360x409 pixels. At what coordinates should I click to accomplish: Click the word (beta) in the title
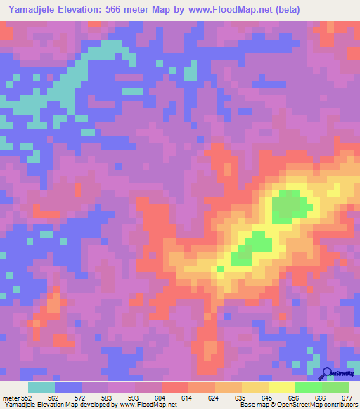(297, 10)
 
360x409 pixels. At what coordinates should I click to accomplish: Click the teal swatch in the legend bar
(41, 387)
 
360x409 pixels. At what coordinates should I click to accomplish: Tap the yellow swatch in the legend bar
(281, 387)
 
